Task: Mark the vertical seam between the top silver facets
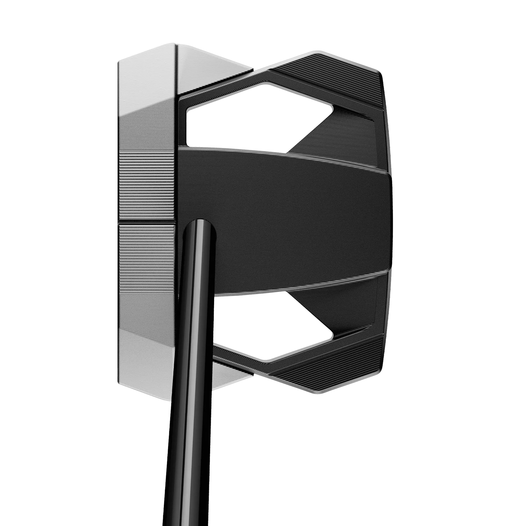(176, 68)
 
